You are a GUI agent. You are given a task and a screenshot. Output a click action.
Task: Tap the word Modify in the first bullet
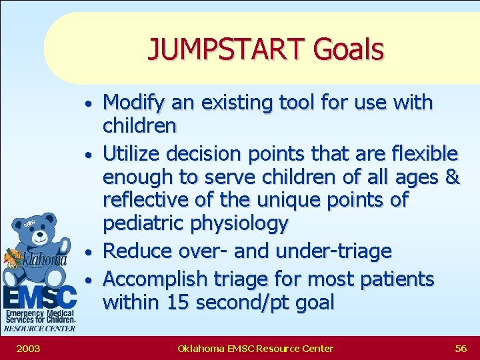point(135,103)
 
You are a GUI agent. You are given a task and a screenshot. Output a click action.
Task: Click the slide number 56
point(460,348)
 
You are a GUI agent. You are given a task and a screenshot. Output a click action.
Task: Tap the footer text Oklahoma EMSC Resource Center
point(255,348)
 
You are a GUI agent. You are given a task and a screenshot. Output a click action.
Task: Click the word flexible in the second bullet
point(421,154)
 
